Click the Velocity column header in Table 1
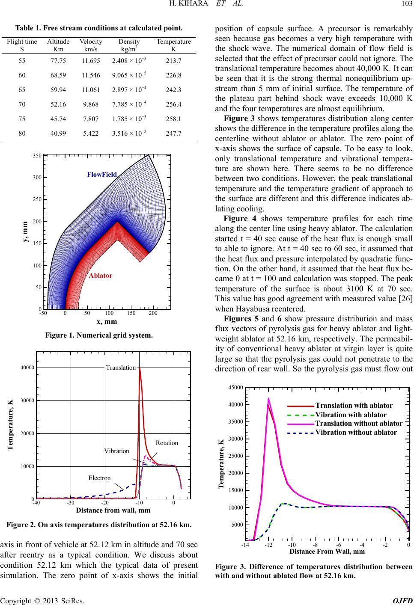pos(91,42)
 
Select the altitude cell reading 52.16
pos(58,104)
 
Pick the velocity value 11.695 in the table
pos(91,61)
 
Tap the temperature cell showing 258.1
pos(173,119)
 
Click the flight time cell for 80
pos(22,133)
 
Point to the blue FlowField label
pos(102,175)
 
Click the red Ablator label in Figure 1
pos(101,276)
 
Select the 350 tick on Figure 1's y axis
pos(37,156)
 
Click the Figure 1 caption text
pos(99,335)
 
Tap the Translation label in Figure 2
pos(121,367)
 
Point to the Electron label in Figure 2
pos(99,478)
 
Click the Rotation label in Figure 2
pos(167,443)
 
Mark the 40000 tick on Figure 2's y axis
pos(27,368)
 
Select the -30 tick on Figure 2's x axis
pos(70,503)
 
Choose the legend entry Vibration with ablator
pos(351,415)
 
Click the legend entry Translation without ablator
pos(359,423)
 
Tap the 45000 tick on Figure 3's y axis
pos(235,388)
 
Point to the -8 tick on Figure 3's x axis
pos(315,545)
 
